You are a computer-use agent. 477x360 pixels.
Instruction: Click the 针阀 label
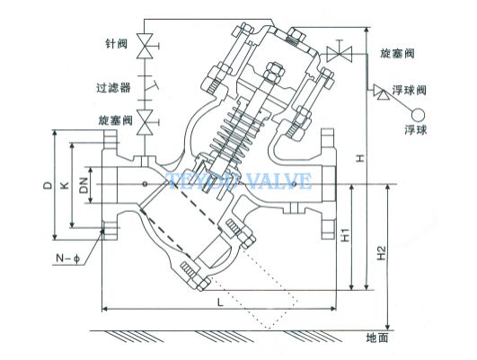tap(116, 44)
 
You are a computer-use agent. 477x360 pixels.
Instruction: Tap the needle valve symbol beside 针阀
tap(146, 46)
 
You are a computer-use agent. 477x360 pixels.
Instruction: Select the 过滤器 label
tap(113, 88)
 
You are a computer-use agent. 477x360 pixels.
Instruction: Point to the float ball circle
tap(418, 115)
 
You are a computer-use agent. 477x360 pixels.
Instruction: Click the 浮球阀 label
tap(409, 90)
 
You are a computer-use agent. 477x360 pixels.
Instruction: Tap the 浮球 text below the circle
tap(416, 130)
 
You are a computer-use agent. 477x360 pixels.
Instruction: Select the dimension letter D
tap(47, 185)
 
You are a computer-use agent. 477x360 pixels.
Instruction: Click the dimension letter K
tap(65, 185)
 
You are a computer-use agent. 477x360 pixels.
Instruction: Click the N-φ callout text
tap(68, 259)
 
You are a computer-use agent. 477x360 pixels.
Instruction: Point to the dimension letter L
tap(220, 302)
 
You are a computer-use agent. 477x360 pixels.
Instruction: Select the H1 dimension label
tap(345, 234)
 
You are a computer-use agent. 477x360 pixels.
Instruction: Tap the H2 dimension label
tap(381, 252)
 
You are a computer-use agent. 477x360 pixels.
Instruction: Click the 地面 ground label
tap(377, 338)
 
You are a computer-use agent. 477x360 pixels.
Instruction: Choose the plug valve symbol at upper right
tap(339, 54)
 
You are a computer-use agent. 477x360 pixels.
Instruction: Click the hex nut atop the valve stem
tap(274, 72)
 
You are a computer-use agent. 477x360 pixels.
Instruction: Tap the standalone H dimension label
tap(360, 158)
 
